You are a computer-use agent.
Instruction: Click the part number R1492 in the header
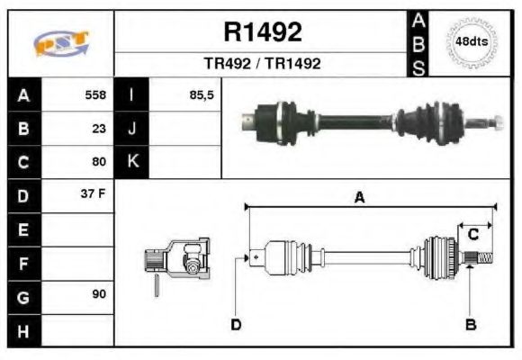pos(262,32)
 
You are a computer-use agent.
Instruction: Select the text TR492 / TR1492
pos(262,64)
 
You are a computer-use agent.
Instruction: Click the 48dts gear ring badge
pos(472,42)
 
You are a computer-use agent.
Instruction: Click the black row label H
pos(22,331)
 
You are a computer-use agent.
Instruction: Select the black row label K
pos(132,162)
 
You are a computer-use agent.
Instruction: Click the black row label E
pos(22,229)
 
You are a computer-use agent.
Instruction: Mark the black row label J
pos(132,129)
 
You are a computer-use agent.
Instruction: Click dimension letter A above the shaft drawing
pos(358,199)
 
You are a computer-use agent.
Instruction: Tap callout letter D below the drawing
pos(236,324)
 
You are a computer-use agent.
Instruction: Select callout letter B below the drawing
pos(470,324)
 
